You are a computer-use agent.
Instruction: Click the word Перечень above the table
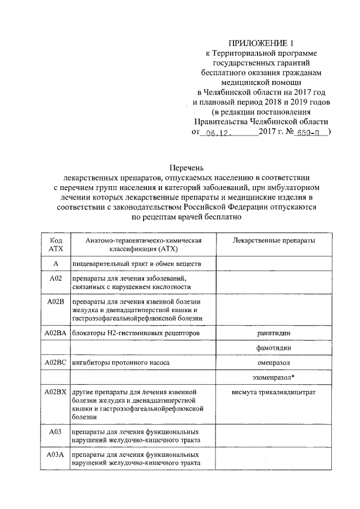187,168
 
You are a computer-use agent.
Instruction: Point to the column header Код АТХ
56,244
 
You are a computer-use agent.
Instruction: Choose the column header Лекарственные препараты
274,240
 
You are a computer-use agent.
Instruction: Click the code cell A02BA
56,334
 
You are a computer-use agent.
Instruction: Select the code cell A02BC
56,363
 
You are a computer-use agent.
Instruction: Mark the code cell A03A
56,454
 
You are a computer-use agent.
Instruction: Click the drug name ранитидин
274,334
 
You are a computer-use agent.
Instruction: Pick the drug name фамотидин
274,348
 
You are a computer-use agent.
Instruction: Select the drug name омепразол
274,363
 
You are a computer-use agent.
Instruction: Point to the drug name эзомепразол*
274,377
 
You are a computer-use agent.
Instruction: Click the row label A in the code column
56,264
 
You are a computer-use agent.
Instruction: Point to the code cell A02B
56,302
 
